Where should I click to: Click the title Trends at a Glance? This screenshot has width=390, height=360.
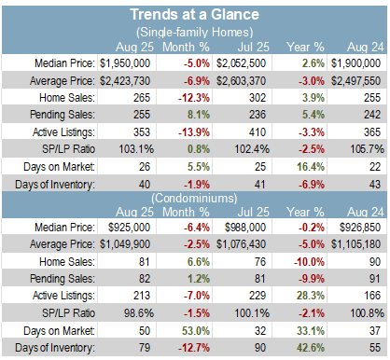point(194,15)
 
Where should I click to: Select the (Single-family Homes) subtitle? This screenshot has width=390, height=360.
point(195,32)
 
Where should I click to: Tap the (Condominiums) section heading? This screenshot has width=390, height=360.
point(194,198)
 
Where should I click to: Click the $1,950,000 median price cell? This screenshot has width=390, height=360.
point(125,63)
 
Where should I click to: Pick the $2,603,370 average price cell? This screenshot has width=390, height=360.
point(241,81)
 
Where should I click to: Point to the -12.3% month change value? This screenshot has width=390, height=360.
point(194,98)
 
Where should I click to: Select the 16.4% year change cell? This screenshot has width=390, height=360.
point(311,167)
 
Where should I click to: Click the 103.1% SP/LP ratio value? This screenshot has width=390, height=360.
point(136,149)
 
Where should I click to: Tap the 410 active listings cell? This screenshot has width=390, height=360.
point(258,132)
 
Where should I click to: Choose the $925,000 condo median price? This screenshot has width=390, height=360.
point(129,228)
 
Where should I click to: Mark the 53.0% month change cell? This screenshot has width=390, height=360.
point(196,331)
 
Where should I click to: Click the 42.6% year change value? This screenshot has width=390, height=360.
point(311,348)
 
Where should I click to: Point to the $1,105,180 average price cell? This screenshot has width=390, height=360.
point(355,244)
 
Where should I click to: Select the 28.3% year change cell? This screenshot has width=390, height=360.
point(311,296)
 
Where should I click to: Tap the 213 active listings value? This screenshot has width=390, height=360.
point(142,296)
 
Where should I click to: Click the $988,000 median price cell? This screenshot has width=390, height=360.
point(245,228)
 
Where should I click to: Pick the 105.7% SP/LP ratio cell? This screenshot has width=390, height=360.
point(367,149)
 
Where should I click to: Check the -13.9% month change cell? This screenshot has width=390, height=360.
point(194,132)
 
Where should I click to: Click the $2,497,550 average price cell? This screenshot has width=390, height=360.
point(355,81)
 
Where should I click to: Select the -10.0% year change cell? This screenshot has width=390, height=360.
point(309,262)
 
